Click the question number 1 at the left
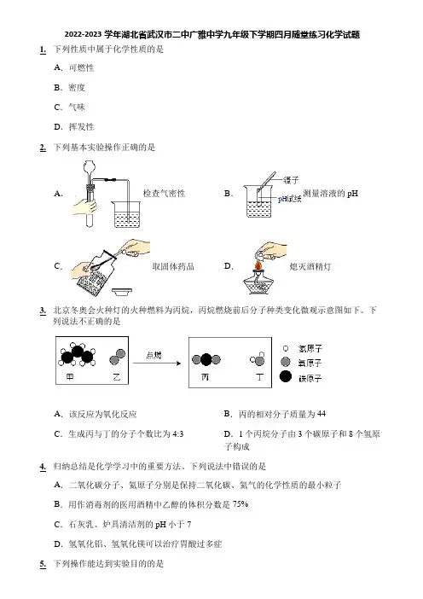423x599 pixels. tap(43, 49)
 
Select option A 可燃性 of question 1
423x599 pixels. tap(74, 68)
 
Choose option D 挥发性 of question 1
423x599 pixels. tap(74, 127)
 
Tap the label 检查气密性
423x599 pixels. tap(164, 194)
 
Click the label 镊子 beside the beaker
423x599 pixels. tap(291, 180)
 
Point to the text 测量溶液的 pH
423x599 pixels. tap(331, 194)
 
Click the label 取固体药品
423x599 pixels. tap(173, 266)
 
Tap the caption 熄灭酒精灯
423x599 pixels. tap(310, 266)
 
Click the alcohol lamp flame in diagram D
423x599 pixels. tap(258, 265)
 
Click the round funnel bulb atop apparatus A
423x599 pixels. tap(90, 166)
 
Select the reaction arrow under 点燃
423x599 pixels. tap(157, 363)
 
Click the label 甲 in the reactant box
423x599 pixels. tap(70, 377)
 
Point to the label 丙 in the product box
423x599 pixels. tap(205, 377)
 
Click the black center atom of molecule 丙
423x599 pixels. tap(206, 359)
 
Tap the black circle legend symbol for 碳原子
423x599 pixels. tap(286, 376)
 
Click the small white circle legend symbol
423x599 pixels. tap(286, 348)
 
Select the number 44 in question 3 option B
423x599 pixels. tap(322, 414)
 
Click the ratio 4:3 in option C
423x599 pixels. tap(178, 434)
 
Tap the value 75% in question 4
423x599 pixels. tap(240, 504)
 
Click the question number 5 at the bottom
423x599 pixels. tap(43, 564)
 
